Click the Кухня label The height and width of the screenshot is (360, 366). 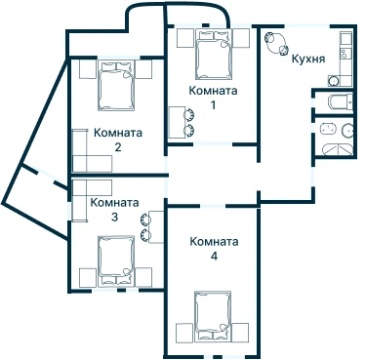coord(308,59)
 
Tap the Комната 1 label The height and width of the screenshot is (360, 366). coord(213,98)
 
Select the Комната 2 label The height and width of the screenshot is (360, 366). coord(118,140)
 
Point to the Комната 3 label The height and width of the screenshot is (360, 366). coord(114,210)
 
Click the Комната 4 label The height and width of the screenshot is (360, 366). coord(214,249)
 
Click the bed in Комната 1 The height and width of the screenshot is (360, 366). coord(214,55)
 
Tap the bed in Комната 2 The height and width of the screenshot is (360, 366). coord(116,86)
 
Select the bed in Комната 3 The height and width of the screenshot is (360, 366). coord(116,260)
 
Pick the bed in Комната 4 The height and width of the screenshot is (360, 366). coord(213,316)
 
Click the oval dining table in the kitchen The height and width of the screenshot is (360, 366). coord(277,43)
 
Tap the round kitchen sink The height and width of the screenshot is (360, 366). coord(333,80)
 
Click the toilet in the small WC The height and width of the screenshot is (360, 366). coord(340,101)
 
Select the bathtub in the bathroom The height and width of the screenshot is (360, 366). coord(338,149)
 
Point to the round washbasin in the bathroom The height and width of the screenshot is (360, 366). coord(347,130)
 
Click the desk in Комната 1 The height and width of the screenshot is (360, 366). coord(176,122)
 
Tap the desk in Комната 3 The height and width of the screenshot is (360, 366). coord(156,226)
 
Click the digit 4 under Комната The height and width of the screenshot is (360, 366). coord(214,257)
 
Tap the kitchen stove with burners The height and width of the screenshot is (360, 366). coord(345,53)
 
